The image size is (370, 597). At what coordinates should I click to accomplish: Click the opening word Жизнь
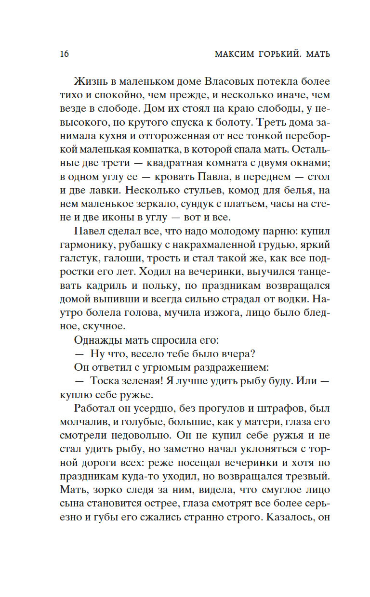90,82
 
